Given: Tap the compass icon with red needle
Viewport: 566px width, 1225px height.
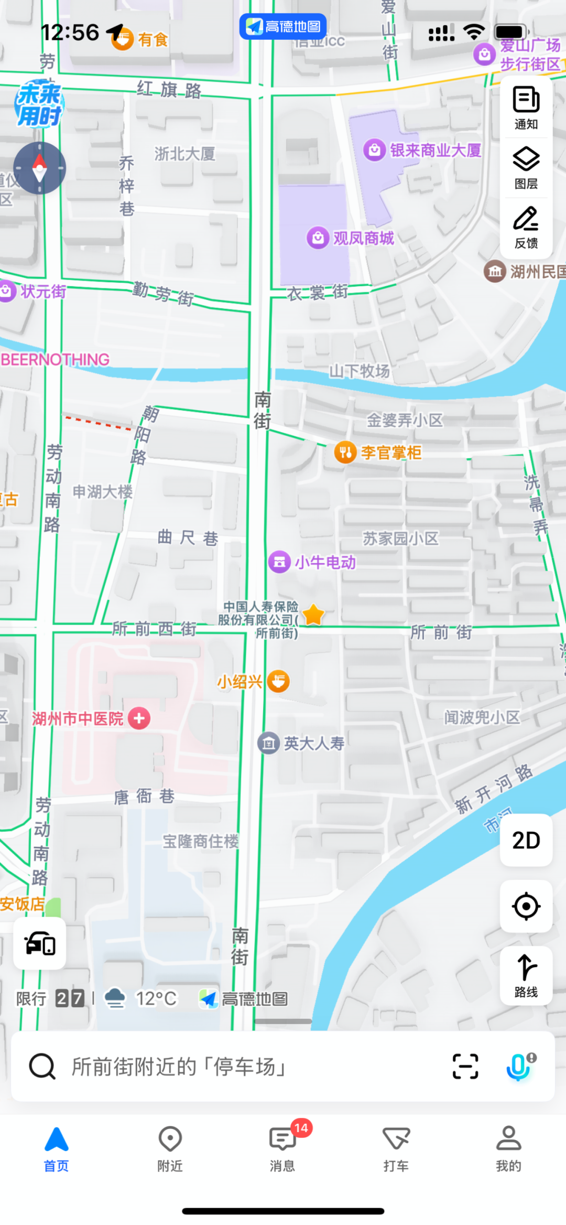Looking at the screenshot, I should [x=40, y=168].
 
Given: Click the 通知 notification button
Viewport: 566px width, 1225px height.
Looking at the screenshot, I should [x=526, y=108].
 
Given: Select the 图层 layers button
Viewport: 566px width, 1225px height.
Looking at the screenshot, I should [x=526, y=167].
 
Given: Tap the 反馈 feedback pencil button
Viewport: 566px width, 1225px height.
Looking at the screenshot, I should [x=526, y=227].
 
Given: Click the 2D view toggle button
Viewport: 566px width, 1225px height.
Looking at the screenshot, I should [x=526, y=840].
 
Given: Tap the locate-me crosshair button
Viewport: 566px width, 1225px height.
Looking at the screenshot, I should [x=526, y=906].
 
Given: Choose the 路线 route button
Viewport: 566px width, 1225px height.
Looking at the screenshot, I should [x=526, y=976].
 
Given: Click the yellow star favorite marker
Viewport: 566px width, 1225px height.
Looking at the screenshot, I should [x=313, y=615].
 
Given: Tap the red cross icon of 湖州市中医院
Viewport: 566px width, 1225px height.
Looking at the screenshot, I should [x=139, y=718].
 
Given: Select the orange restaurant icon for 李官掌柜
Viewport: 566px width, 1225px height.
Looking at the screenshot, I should [x=345, y=452].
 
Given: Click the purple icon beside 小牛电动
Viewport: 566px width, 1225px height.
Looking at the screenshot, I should [x=279, y=562].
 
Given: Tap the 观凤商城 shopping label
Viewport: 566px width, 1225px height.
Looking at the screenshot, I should [x=363, y=238].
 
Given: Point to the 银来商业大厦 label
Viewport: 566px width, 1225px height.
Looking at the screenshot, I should [x=435, y=151].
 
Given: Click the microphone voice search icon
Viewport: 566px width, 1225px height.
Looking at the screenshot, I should [x=519, y=1066].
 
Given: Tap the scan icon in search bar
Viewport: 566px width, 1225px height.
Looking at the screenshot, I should [x=465, y=1066].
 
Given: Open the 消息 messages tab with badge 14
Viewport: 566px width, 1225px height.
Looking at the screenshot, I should [x=283, y=1148].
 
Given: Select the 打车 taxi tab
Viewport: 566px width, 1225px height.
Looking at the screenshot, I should [x=396, y=1148].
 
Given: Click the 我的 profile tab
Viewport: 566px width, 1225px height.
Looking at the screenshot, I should [x=508, y=1148].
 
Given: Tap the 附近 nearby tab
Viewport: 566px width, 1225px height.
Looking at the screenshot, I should [x=170, y=1148].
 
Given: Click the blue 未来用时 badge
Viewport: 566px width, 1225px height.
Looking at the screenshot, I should [x=39, y=104].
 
